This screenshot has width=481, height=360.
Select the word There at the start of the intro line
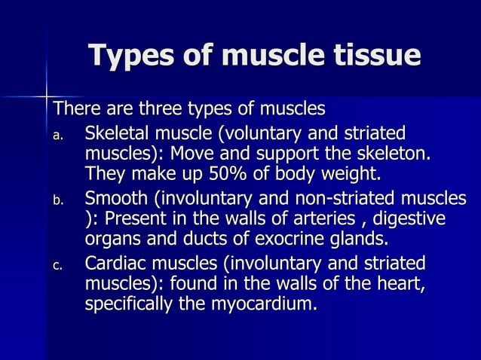point(74,109)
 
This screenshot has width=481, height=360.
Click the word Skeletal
point(118,135)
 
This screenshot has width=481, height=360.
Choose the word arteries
point(331,220)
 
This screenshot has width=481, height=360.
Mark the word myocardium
point(257,305)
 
